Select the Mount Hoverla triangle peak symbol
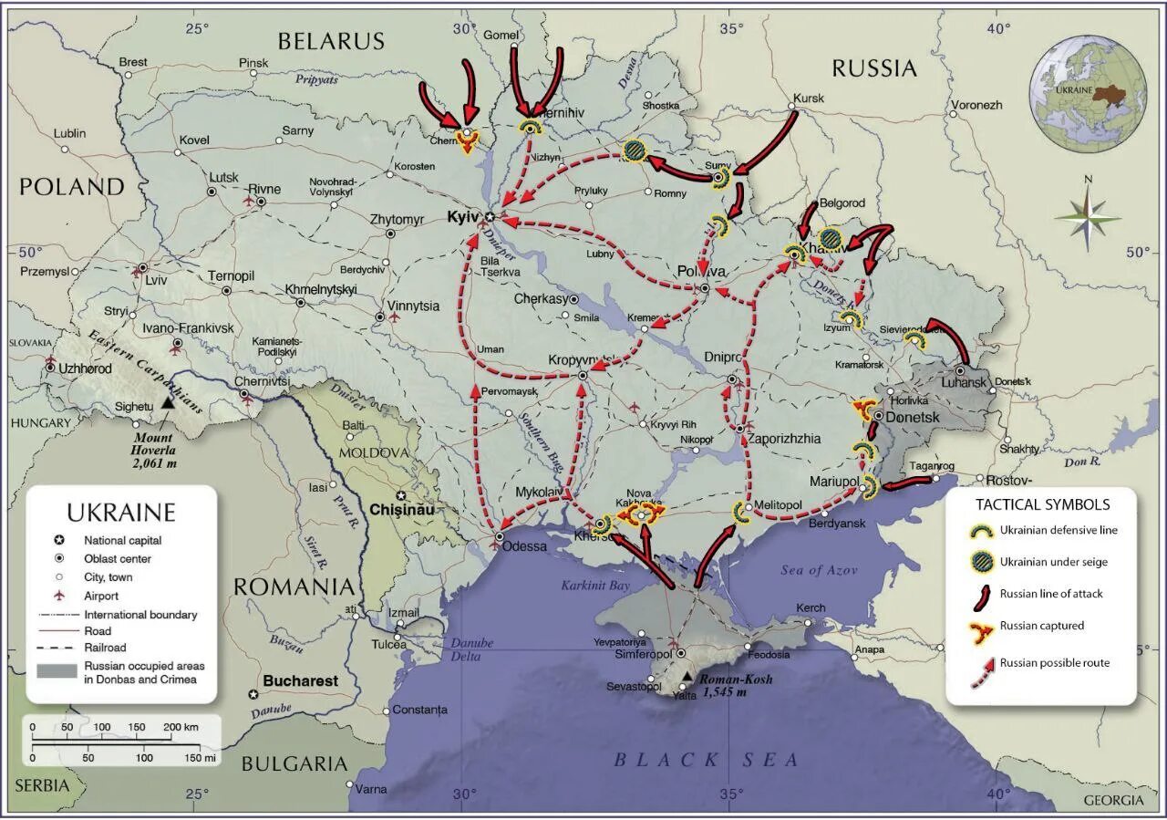click(x=167, y=402)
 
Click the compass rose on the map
click(x=1087, y=217)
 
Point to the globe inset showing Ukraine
click(x=1088, y=93)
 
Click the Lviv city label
click(x=157, y=280)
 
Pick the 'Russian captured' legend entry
click(x=1041, y=626)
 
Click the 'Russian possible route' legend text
click(x=1054, y=663)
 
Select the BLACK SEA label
click(x=706, y=760)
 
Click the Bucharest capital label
click(x=300, y=680)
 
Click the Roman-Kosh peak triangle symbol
click(x=686, y=676)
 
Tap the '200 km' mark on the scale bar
click(x=180, y=727)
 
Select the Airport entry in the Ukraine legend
click(x=101, y=596)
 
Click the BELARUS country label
click(x=331, y=41)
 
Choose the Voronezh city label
click(x=976, y=105)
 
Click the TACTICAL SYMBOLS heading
click(x=1042, y=504)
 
